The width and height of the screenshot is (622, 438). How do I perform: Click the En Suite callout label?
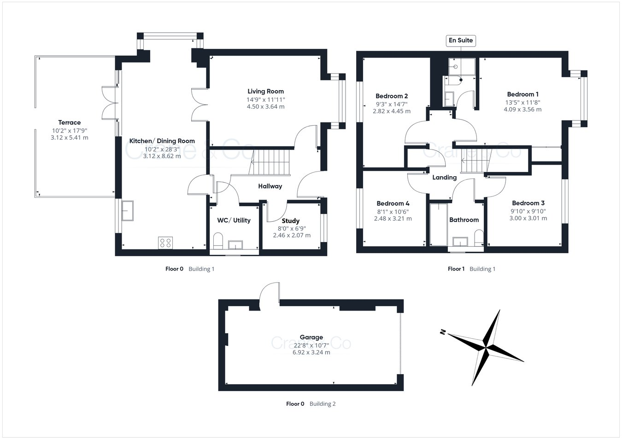pos(461,40)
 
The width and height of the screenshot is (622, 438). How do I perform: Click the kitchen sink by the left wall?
pos(127,211)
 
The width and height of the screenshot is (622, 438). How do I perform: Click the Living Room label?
pos(265,91)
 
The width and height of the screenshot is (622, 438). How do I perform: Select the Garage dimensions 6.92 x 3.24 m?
pos(311,352)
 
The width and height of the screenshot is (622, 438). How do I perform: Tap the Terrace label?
pos(70,122)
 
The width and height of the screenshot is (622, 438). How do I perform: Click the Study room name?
pos(290,221)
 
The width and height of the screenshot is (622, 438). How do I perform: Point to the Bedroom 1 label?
pos(522,94)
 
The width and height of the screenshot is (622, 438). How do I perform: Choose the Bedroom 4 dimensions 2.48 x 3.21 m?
pos(393,219)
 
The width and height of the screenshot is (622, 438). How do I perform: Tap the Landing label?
pos(444,177)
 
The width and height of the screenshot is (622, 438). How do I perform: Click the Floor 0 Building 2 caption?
pos(311,404)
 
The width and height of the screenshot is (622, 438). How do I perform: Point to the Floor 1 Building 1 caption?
pos(471,269)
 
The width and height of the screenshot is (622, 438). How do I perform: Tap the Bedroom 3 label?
pos(528,203)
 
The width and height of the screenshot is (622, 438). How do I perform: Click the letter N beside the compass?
pos(443,331)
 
